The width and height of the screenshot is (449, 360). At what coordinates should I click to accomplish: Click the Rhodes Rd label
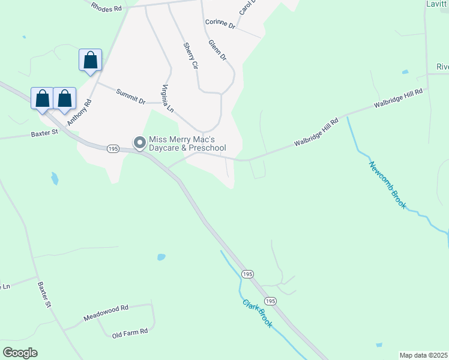point(107,7)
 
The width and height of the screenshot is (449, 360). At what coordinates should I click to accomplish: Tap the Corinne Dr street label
point(218,23)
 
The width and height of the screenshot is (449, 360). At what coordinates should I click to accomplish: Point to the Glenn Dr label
point(217,50)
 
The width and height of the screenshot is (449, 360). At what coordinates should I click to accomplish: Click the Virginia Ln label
point(167,99)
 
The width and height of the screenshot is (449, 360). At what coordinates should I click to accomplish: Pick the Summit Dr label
point(131,97)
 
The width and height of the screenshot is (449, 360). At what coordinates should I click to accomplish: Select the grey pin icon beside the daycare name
point(140,143)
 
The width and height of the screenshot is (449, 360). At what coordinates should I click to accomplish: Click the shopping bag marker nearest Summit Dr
point(90,61)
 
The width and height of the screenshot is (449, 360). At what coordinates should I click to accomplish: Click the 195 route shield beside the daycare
point(113,148)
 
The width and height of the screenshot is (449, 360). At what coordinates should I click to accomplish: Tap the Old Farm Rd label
point(133,331)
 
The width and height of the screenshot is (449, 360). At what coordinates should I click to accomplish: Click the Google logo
point(20,353)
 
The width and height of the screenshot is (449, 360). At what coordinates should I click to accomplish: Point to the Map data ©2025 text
point(424,355)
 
